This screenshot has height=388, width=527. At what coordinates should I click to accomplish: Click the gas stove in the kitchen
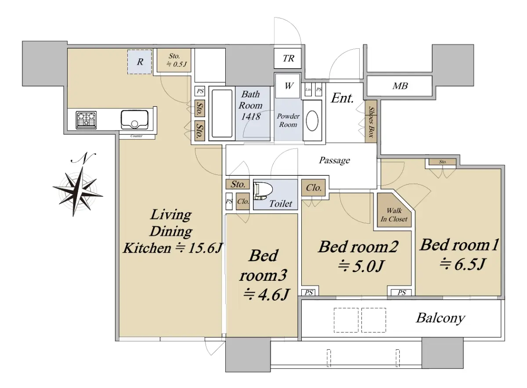click(86, 120)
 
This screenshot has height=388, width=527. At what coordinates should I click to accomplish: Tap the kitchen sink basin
click(134, 120)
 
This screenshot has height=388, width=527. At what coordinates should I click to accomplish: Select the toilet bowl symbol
click(263, 191)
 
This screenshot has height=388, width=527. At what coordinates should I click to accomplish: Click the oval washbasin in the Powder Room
click(312, 120)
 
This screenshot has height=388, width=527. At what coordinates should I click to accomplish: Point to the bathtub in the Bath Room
click(222, 113)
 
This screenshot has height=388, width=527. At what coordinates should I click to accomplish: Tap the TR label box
click(288, 58)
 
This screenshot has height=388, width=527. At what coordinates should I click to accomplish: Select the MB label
click(400, 86)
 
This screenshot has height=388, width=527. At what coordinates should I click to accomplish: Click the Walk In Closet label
click(394, 214)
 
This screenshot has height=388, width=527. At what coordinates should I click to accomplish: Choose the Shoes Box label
click(371, 122)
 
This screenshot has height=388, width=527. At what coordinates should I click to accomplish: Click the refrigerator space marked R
click(140, 62)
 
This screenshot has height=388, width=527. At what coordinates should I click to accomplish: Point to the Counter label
click(137, 136)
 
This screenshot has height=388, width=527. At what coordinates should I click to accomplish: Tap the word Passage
click(334, 160)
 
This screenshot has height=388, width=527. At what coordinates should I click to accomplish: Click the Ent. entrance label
click(342, 98)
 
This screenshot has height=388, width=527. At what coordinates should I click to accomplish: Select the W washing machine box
click(288, 86)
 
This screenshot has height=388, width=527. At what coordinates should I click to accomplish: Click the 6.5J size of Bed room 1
click(462, 264)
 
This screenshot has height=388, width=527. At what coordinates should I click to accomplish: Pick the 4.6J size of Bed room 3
click(266, 294)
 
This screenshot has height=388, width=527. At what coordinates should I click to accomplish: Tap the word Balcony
click(440, 318)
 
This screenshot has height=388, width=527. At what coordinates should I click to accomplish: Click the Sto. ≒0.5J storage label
click(176, 60)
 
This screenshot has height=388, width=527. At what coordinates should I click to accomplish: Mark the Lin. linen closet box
click(308, 90)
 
